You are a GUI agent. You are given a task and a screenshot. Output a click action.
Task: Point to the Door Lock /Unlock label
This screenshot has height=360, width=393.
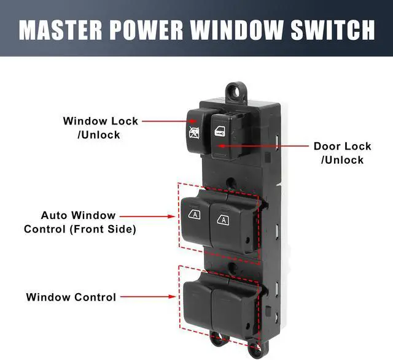tap(342, 153)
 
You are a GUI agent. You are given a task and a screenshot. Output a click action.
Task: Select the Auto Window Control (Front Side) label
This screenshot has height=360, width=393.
tap(80, 222)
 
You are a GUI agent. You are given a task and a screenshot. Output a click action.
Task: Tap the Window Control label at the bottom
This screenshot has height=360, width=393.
tap(71, 297)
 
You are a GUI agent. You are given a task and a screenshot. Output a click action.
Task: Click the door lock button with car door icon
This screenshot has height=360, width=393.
tap(220, 134)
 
